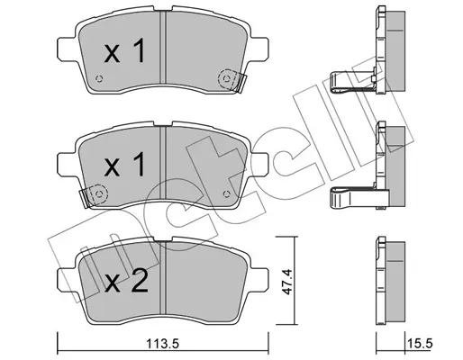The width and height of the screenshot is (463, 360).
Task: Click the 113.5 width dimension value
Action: tap(162, 344)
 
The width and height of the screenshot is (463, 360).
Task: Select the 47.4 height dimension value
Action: tap(286, 282)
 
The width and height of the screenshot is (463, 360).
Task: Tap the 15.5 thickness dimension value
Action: tap(421, 344)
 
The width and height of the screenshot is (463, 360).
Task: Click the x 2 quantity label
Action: tap(126, 281)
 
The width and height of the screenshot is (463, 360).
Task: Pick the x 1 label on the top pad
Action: tap(124, 51)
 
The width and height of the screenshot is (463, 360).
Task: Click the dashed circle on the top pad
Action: tap(227, 79)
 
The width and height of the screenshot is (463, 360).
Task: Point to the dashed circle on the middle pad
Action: tap(99, 193)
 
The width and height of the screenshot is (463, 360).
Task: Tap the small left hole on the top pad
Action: tap(99, 79)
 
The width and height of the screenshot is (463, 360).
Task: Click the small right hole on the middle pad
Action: tap(227, 193)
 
